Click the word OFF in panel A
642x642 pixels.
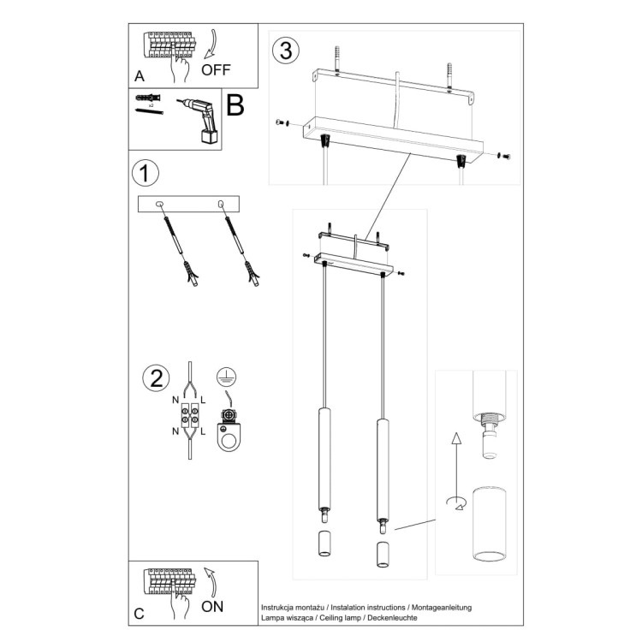point(217,69)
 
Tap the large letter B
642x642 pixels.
point(235,106)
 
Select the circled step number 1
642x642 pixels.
point(146,173)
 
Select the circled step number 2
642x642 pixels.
point(156,378)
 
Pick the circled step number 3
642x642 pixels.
point(285,51)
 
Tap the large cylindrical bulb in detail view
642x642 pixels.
point(489,524)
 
